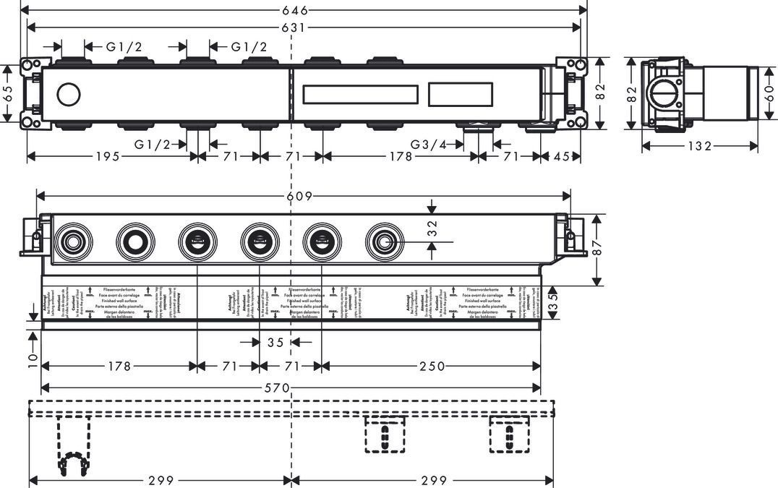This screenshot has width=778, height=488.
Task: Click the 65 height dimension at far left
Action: click(7, 94)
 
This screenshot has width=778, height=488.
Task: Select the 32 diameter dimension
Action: click(432, 228)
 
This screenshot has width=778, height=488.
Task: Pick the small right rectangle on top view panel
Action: click(461, 95)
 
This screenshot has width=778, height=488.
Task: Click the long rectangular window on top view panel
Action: click(360, 95)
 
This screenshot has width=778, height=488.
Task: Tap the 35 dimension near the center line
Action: click(275, 343)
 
